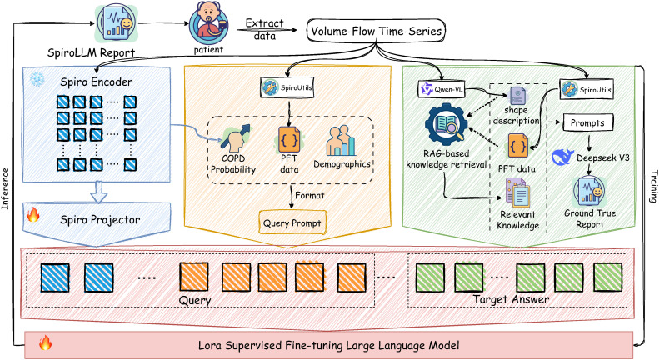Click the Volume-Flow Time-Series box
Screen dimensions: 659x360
tap(376, 31)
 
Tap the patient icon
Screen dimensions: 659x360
tap(208, 24)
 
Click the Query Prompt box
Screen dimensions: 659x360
tap(292, 222)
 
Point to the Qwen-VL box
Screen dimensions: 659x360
tap(442, 89)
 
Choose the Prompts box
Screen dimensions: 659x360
tap(587, 123)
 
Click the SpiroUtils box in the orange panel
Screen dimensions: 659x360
tap(287, 87)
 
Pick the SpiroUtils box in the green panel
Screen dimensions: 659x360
tap(586, 89)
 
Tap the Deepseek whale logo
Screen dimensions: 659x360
tap(562, 157)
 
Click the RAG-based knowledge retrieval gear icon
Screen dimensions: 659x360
tap(447, 125)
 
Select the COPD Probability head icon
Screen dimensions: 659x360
tap(235, 138)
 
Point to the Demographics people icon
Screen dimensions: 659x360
tap(341, 141)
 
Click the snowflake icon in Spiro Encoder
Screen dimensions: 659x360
tap(37, 79)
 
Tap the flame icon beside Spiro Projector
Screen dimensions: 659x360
tap(33, 214)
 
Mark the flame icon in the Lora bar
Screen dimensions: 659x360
tap(45, 342)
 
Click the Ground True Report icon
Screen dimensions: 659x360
tap(590, 191)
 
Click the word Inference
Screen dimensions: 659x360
tap(5, 188)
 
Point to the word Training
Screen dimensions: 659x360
tap(653, 187)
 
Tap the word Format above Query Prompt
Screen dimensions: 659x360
tap(310, 196)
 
